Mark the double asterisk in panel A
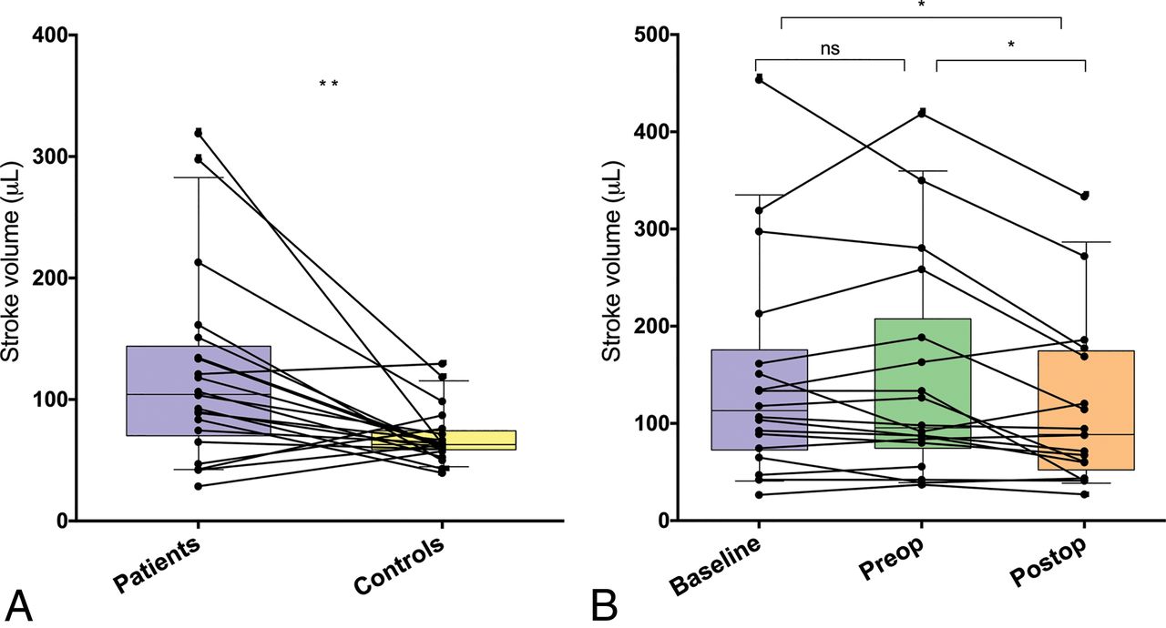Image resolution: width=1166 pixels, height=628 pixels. [x=329, y=85]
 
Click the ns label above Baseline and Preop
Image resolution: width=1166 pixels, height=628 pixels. [x=829, y=49]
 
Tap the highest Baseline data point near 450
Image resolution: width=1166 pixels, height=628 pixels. [x=758, y=80]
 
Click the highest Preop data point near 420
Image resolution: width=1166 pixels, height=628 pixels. [x=922, y=113]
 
